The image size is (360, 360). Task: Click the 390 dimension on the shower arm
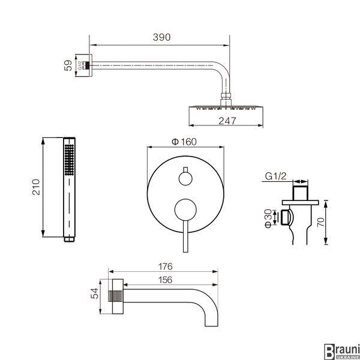161,37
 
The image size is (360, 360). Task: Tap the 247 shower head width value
227,121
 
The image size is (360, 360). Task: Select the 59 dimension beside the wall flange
68,65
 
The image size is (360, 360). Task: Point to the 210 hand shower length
36,187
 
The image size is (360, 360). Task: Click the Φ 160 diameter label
184,142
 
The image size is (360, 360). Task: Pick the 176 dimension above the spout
165,266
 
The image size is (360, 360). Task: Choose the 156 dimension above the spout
165,280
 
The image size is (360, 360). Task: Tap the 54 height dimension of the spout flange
94,293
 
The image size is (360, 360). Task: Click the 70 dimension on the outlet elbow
321,222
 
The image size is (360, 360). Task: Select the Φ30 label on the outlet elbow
268,218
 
